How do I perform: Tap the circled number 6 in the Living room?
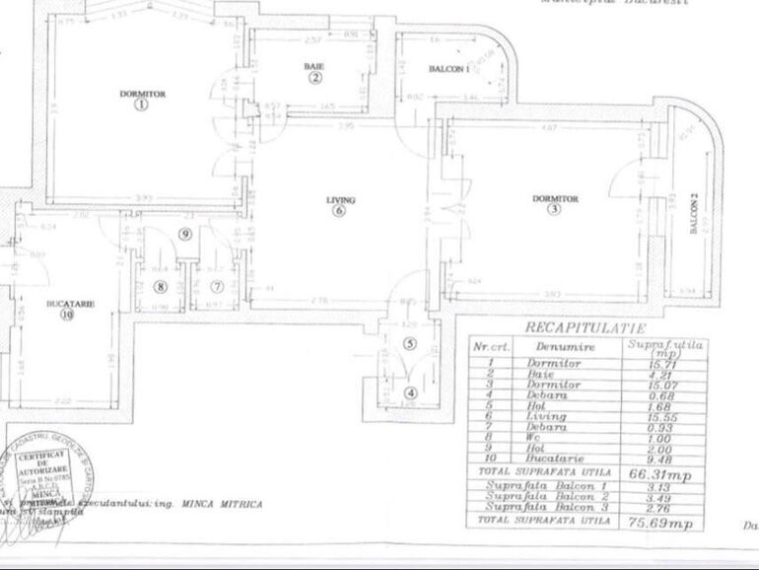coord(340,210)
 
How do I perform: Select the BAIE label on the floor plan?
coord(314,66)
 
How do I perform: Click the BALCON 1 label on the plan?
coord(448,68)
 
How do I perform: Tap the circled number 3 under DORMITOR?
coord(555,209)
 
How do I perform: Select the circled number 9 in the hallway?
coord(184,234)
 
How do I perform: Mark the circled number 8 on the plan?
coord(162,287)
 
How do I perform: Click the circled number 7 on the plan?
coord(217,287)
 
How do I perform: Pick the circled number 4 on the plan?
coord(411,392)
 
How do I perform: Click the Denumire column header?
coord(555,347)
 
